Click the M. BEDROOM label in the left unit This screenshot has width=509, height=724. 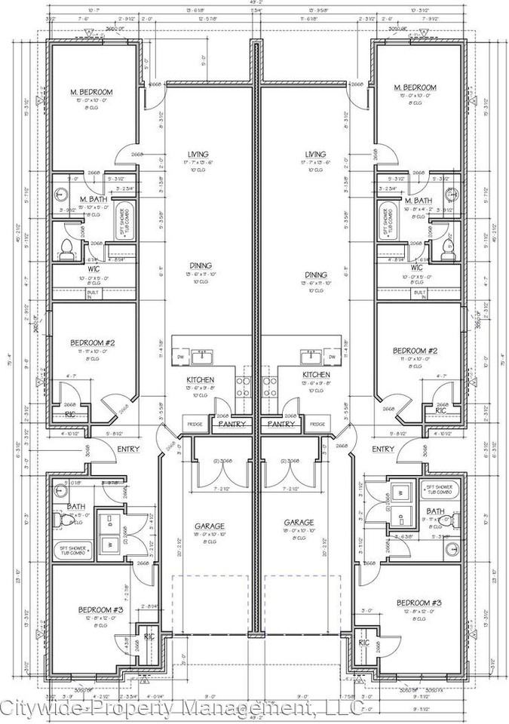click(x=92, y=92)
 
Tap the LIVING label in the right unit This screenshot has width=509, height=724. click(x=315, y=154)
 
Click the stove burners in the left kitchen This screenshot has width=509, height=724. click(x=244, y=386)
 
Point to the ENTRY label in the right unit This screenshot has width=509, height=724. click(x=382, y=449)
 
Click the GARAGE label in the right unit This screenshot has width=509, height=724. click(x=299, y=522)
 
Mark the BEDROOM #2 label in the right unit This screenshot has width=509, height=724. click(x=415, y=351)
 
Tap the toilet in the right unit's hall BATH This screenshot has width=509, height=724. click(x=446, y=520)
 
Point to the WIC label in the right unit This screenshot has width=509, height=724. click(x=416, y=268)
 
